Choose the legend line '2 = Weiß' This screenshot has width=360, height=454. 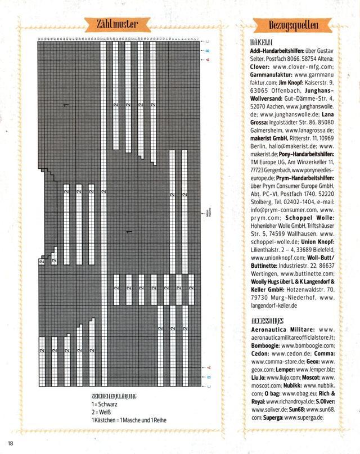pyautogui.click(x=101, y=412)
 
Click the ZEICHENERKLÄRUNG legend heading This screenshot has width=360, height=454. pyautogui.click(x=115, y=397)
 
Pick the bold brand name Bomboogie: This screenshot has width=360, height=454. pyautogui.click(x=264, y=345)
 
